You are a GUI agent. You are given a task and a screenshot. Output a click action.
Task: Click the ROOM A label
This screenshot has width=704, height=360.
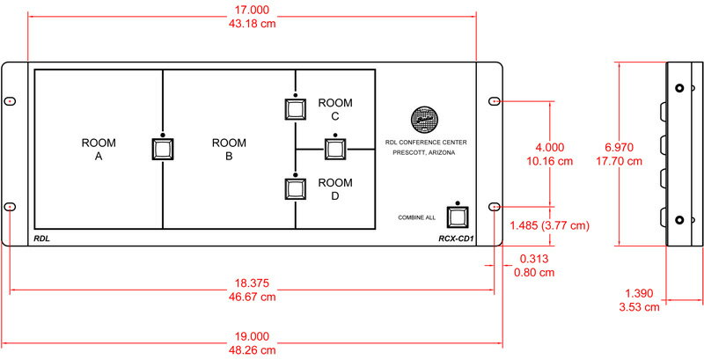[99, 149]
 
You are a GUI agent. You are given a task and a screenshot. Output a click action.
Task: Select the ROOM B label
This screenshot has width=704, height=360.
[230, 149]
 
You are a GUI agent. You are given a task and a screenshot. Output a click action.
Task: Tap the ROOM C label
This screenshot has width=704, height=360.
[334, 109]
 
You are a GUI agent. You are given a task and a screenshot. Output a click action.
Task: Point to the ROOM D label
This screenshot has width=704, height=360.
[334, 189]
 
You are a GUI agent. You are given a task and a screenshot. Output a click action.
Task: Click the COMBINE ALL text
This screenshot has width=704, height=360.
[419, 217]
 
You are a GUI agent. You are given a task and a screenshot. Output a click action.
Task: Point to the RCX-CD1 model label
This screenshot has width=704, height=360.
[456, 238]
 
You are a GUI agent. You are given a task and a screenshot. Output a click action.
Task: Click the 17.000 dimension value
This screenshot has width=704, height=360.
[253, 10]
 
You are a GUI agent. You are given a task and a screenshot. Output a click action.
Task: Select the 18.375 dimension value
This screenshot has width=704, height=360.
[253, 283]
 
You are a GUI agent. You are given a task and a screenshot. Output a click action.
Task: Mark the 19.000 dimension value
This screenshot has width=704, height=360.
[253, 335]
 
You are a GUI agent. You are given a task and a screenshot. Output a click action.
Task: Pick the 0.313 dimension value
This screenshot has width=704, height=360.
[535, 259]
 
